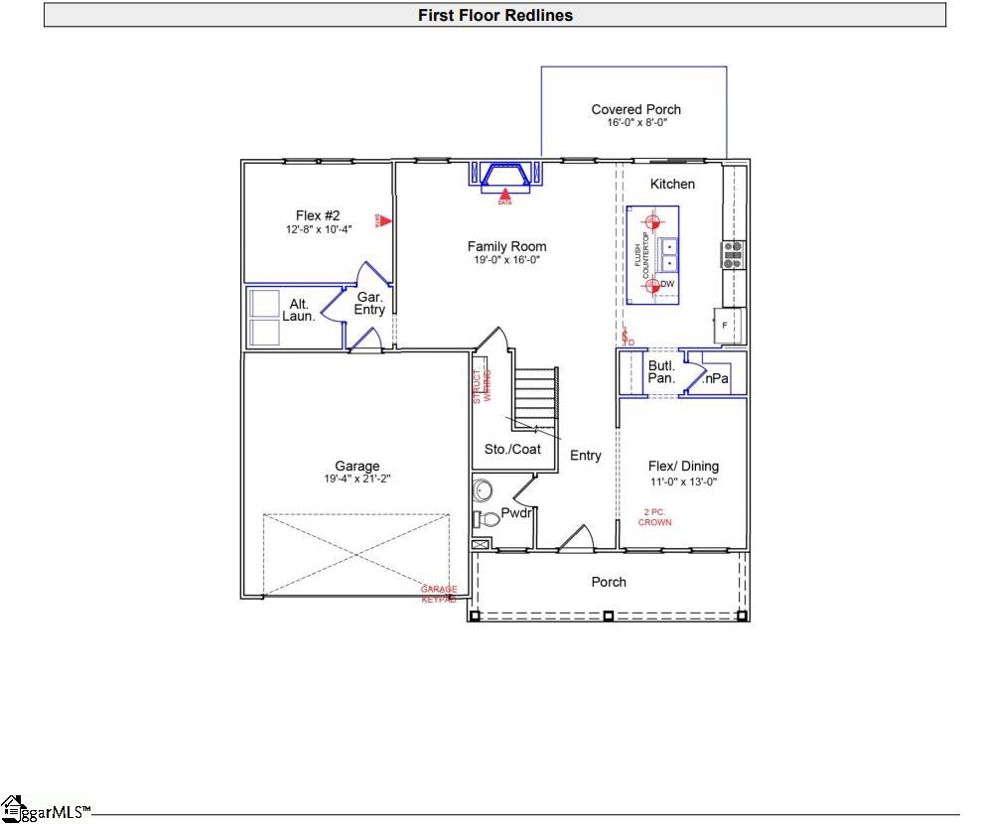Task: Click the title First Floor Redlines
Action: click(494, 15)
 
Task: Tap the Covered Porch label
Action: click(635, 109)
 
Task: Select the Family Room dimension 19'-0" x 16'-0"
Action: click(506, 260)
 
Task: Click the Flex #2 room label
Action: click(318, 215)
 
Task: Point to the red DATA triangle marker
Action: click(505, 195)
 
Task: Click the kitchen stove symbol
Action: click(733, 255)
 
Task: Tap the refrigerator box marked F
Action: click(728, 325)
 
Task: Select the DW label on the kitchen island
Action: click(667, 285)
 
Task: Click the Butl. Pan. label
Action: click(662, 372)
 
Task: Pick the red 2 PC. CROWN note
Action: click(654, 517)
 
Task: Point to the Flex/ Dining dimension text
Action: click(683, 481)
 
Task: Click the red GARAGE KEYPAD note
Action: click(439, 595)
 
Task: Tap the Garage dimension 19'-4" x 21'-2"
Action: click(357, 479)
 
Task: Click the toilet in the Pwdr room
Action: click(488, 518)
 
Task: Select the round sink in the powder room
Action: click(484, 490)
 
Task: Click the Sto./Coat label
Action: click(512, 449)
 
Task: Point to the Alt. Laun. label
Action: click(299, 310)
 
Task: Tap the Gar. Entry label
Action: click(369, 303)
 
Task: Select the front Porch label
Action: click(609, 582)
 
